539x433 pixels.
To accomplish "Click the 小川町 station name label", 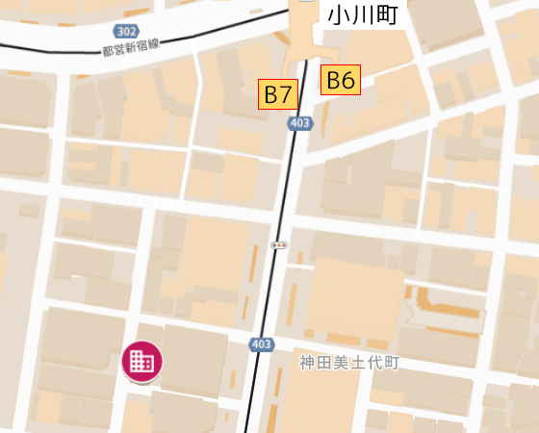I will tap(363, 14).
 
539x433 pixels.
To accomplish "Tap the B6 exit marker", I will tap(341, 80).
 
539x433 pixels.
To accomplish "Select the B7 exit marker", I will tap(278, 94).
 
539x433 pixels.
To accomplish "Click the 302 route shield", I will tap(125, 31).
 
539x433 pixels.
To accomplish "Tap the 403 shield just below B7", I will tap(299, 123).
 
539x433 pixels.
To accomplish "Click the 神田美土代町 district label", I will tap(348, 363).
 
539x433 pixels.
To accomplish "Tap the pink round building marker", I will tap(141, 362).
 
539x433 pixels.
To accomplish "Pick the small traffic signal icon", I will tap(279, 245).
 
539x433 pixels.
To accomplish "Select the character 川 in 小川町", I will tap(363, 14).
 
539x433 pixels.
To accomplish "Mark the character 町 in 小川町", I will tap(387, 14).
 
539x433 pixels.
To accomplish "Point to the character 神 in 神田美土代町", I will tap(307, 363).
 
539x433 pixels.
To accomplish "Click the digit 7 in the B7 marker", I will tap(285, 94).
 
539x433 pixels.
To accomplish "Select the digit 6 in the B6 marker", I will tap(347, 80).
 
